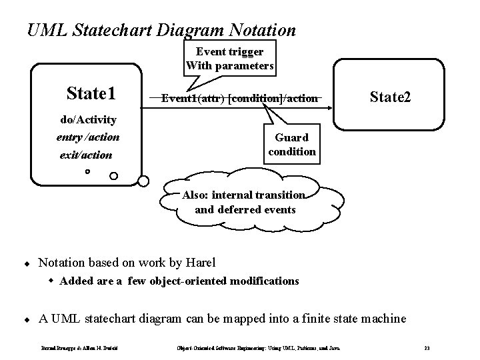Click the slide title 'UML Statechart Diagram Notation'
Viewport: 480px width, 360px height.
pyautogui.click(x=161, y=30)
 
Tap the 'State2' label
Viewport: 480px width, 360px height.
pyautogui.click(x=390, y=97)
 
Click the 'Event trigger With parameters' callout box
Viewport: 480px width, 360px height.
pyautogui.click(x=229, y=59)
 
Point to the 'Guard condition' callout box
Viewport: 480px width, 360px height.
pyautogui.click(x=291, y=144)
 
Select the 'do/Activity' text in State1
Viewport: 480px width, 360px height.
pyautogui.click(x=88, y=120)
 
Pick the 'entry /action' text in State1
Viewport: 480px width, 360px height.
pyautogui.click(x=88, y=137)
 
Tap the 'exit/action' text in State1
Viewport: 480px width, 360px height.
pyautogui.click(x=84, y=155)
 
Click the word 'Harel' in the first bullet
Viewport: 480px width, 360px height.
pyautogui.click(x=199, y=261)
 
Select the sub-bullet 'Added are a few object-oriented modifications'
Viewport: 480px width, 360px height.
pyautogui.click(x=179, y=281)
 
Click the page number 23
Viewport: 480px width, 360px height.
pyautogui.click(x=427, y=348)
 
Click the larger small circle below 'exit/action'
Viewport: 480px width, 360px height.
pyautogui.click(x=113, y=176)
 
